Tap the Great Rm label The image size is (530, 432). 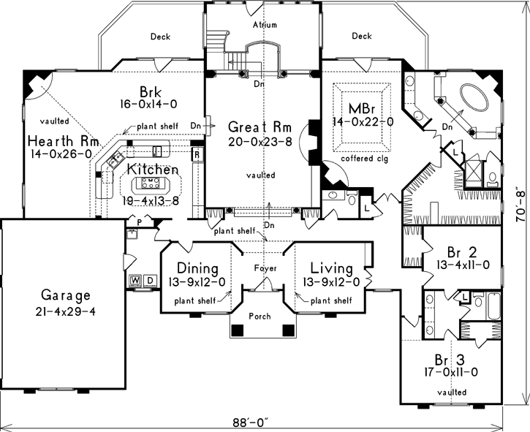[255, 126]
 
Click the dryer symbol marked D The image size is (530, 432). [148, 280]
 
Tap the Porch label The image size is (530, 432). [259, 316]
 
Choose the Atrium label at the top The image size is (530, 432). [265, 25]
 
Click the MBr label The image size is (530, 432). [362, 107]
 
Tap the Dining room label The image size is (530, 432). [194, 268]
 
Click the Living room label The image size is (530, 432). [331, 268]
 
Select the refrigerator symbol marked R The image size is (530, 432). [197, 154]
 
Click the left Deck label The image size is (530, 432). [161, 36]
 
